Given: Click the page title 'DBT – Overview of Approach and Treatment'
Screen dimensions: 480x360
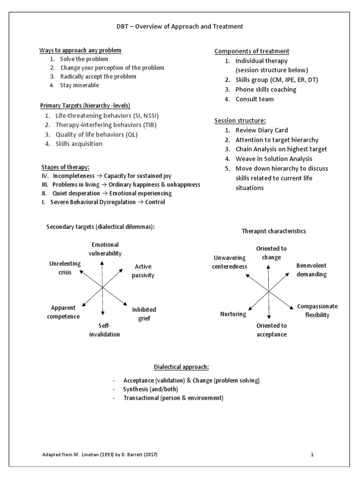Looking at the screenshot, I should (x=180, y=27).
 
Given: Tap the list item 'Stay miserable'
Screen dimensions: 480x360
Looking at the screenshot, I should (x=79, y=85).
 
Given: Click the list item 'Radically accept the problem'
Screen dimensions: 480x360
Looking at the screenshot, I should (x=98, y=76).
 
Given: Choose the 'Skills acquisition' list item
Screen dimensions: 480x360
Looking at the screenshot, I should (x=79, y=144).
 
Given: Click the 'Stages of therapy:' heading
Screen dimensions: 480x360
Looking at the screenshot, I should (x=65, y=167).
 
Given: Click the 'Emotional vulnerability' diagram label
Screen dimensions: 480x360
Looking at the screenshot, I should (x=105, y=249).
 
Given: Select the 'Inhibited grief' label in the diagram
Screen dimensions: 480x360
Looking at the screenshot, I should (x=144, y=314).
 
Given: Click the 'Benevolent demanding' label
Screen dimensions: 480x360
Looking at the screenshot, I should (x=311, y=270).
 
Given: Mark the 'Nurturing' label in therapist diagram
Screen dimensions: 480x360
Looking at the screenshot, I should (x=233, y=314).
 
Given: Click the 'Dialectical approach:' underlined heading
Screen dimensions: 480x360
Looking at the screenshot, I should (x=180, y=367).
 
